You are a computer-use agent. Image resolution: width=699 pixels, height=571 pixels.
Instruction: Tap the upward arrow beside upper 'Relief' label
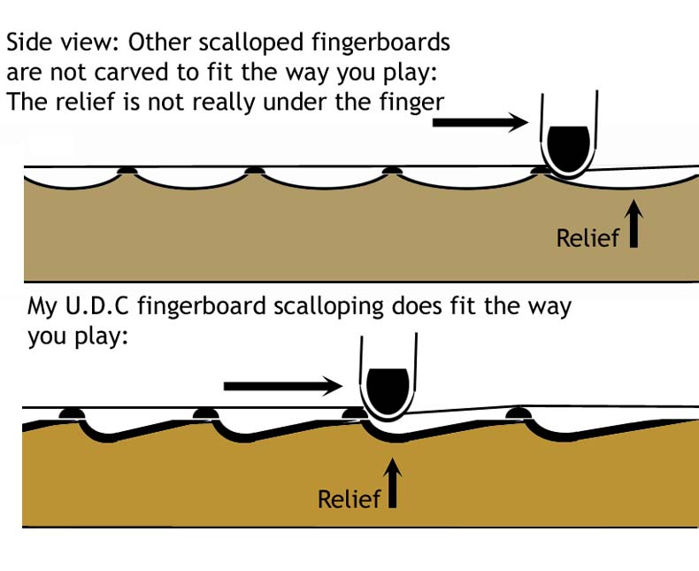(634, 224)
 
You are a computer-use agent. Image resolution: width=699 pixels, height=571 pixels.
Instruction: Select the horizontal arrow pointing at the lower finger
(282, 385)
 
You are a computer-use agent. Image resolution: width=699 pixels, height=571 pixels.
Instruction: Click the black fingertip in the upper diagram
(570, 145)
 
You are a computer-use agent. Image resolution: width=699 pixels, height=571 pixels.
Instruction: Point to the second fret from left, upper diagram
(255, 168)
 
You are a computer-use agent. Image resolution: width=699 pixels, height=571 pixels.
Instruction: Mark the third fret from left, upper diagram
(390, 168)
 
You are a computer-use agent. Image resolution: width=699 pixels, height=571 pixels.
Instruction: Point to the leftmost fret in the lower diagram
(70, 413)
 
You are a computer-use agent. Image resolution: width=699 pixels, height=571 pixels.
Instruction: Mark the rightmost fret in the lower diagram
(516, 413)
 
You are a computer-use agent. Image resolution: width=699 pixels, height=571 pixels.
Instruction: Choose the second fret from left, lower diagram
(206, 413)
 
